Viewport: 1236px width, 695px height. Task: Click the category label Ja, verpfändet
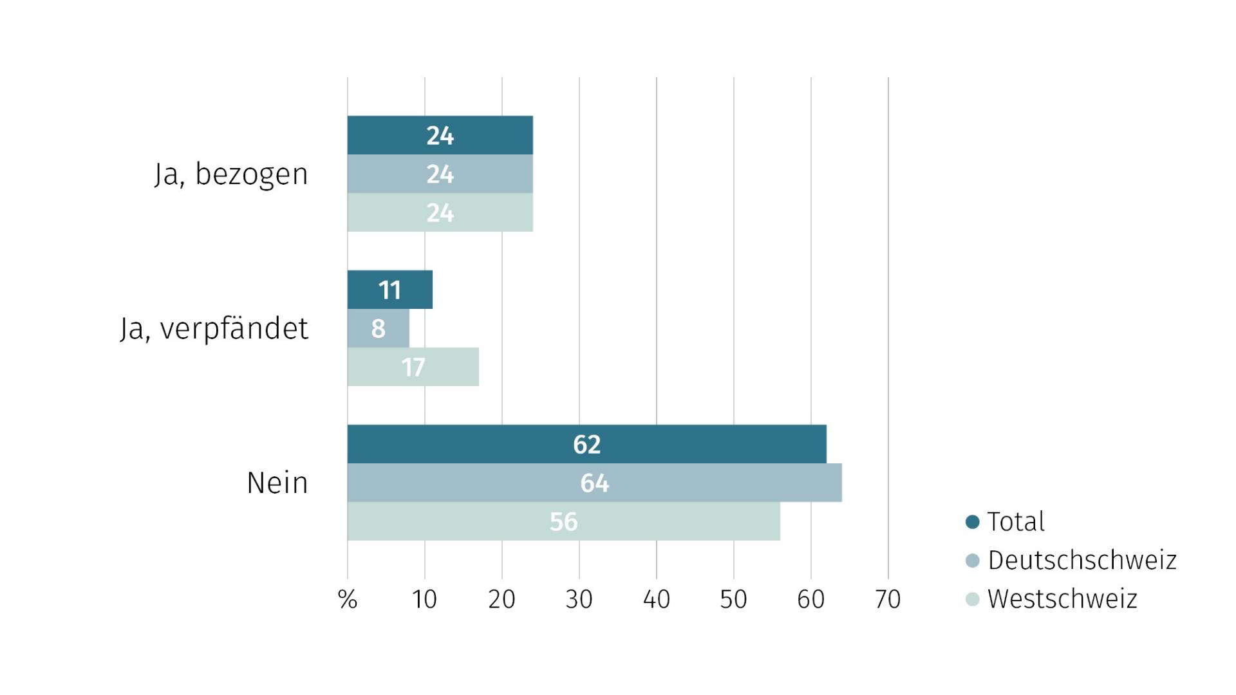click(x=214, y=329)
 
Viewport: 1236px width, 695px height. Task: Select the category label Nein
click(x=277, y=483)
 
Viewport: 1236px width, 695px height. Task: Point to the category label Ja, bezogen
click(x=232, y=174)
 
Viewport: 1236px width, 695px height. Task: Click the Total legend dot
click(x=973, y=522)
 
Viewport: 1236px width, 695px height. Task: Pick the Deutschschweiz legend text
click(x=1082, y=561)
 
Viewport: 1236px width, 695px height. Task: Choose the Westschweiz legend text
click(x=1062, y=599)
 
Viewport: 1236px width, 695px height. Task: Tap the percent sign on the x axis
click(x=348, y=600)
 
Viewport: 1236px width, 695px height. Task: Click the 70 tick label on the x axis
click(x=888, y=600)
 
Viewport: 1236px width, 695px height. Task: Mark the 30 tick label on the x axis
click(x=579, y=600)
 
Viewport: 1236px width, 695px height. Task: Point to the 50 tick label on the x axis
click(x=733, y=600)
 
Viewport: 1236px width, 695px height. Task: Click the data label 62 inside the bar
click(x=586, y=445)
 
